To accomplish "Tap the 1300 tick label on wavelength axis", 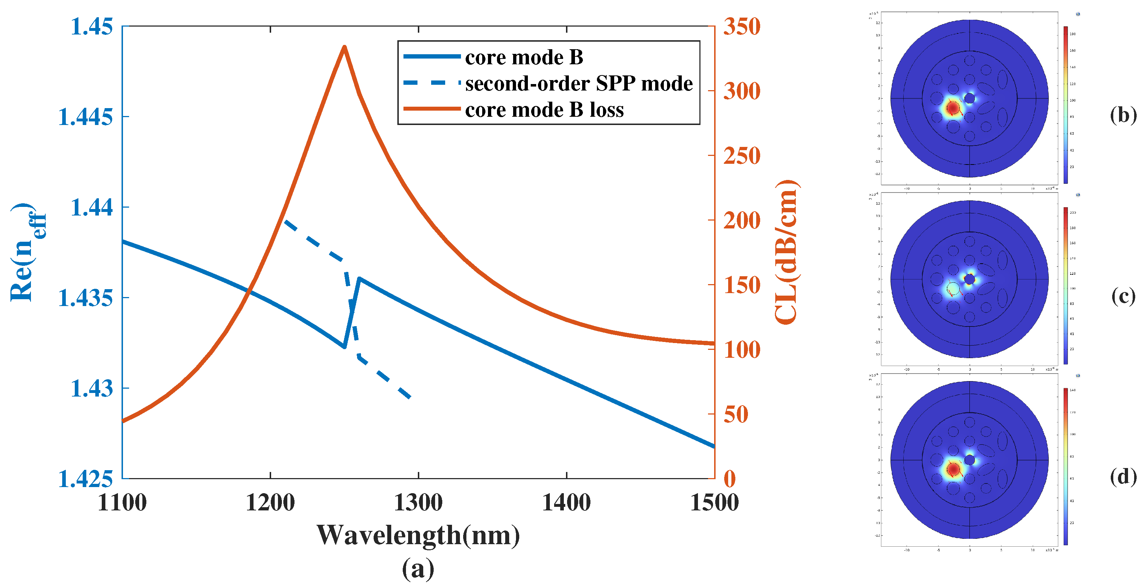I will [418, 503].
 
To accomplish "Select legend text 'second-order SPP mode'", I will [578, 84].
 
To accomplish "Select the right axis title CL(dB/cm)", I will [786, 252].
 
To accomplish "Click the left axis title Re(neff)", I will [27, 252].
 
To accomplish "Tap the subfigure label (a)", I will [418, 569].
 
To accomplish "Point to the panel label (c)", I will [1122, 296].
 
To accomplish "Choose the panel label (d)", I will [1122, 476].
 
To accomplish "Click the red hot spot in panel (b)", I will [953, 107].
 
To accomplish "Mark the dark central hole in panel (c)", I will [969, 279].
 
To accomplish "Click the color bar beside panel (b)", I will [1065, 105].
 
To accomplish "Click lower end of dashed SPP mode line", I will [410, 397].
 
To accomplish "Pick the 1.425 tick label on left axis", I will [86, 479].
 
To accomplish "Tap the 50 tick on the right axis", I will [736, 415].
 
